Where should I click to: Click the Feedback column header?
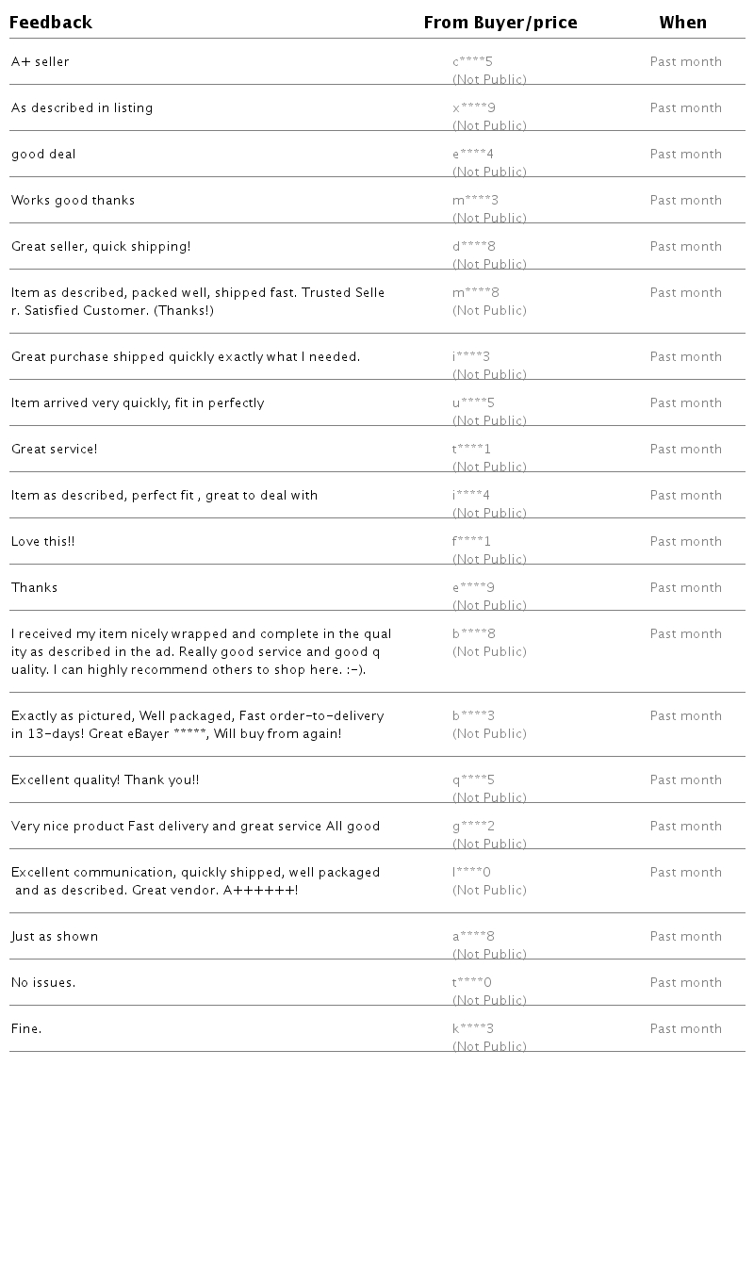coord(51,23)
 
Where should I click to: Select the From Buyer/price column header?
coord(500,23)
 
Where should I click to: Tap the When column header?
coord(682,23)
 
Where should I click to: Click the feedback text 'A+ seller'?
coord(41,62)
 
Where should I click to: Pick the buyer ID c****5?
coord(472,62)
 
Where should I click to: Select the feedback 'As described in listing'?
coord(82,108)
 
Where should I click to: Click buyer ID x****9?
coord(474,108)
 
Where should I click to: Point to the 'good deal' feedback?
coord(43,155)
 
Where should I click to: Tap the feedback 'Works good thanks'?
coord(73,201)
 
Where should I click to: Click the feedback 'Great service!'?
coord(54,450)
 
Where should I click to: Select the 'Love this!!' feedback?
coord(42,542)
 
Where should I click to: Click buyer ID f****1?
coord(471,542)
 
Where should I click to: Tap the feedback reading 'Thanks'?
coord(34,588)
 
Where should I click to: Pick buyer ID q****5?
coord(473,780)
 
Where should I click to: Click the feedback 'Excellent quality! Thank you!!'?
coord(105,780)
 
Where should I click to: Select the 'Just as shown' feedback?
coord(55,937)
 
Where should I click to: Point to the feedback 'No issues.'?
coord(43,983)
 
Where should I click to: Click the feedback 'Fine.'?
coord(26,1029)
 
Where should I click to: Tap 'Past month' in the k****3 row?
coord(685,1029)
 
